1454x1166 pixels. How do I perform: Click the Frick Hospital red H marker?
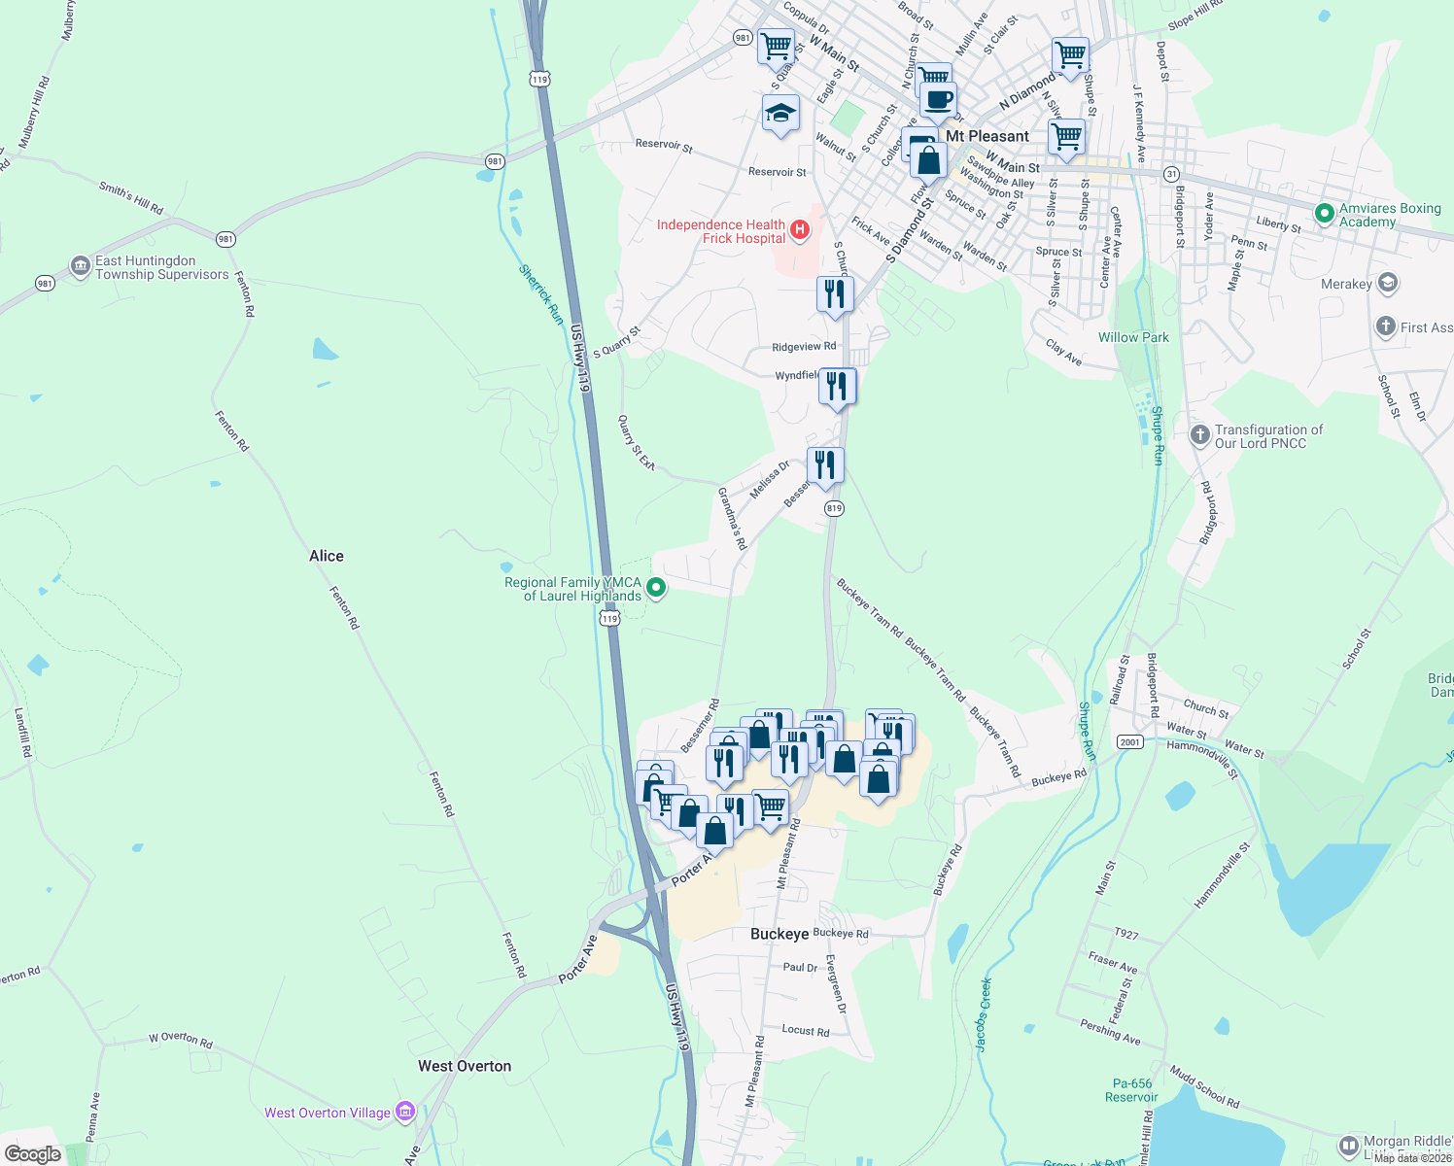[x=799, y=230]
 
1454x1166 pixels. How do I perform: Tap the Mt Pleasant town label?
[x=987, y=136]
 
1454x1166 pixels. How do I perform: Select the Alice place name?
[x=327, y=556]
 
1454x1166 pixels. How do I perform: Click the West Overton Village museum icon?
[x=405, y=1112]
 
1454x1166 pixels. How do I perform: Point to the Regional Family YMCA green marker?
[x=656, y=587]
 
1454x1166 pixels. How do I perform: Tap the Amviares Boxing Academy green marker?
[x=1323, y=214]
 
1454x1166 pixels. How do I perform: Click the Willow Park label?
[x=1133, y=337]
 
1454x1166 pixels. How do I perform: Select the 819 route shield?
[x=833, y=508]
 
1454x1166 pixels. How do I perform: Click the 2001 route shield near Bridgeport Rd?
[x=1129, y=741]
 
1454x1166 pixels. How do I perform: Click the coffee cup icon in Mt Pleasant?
[x=939, y=99]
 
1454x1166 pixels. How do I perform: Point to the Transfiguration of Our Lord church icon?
[x=1200, y=434]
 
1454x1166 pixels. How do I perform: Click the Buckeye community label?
[x=779, y=934]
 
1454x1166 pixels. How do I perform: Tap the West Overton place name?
[x=465, y=1066]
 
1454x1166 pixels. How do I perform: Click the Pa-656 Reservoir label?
[x=1131, y=1090]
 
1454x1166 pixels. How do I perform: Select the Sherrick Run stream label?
[x=541, y=294]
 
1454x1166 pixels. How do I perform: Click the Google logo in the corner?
[x=33, y=1153]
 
